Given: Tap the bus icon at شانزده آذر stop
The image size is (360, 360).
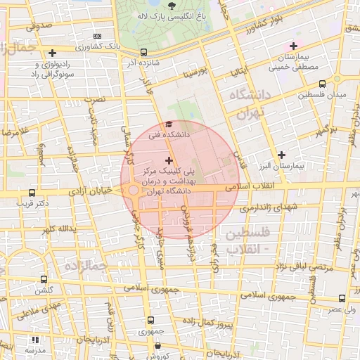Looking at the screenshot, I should [144, 52].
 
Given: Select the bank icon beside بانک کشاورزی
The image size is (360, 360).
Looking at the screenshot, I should [96, 36].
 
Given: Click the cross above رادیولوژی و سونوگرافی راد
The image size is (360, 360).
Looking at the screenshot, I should [53, 53].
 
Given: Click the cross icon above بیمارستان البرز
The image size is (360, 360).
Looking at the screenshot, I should [282, 155].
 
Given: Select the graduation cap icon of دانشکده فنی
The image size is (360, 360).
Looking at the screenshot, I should [167, 124].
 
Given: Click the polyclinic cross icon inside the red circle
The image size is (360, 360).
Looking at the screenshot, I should [169, 161].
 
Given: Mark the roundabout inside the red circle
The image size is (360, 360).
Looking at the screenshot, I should [133, 191].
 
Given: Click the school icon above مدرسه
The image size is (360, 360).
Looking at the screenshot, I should [32, 338].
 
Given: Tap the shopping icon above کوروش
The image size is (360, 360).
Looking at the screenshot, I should [156, 345].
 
